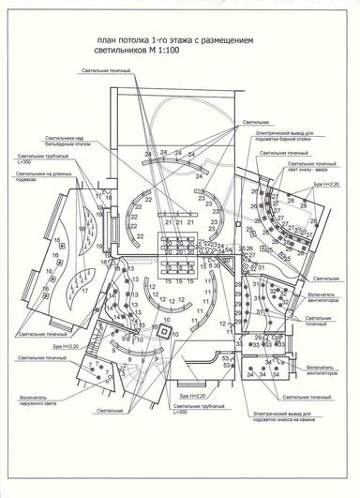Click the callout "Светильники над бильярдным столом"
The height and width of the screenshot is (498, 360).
pyautogui.click(x=55, y=143)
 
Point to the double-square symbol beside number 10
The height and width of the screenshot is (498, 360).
pyautogui.click(x=165, y=331)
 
